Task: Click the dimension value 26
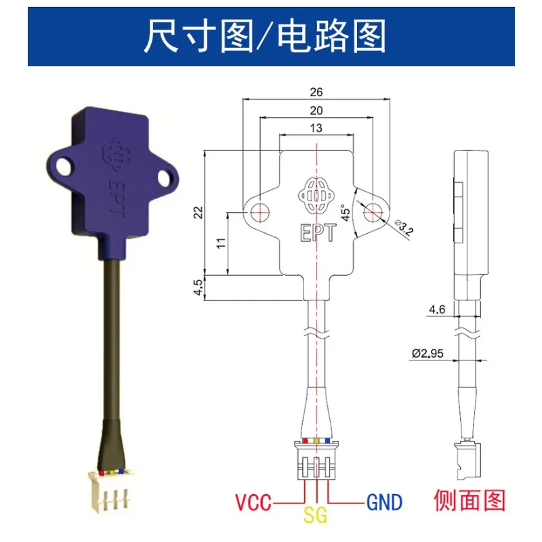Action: click(316, 92)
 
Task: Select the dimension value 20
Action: click(316, 110)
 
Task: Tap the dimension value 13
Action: click(316, 128)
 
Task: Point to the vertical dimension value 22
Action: click(199, 212)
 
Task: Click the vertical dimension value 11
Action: click(222, 243)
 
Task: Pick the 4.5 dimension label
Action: click(198, 287)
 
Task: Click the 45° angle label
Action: click(346, 213)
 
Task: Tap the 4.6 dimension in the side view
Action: click(437, 309)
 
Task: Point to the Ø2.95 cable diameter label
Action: click(428, 353)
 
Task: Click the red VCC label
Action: click(253, 502)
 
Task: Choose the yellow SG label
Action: click(315, 516)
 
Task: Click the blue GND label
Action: click(384, 502)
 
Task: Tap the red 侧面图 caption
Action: click(470, 500)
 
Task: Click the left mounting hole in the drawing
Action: click(260, 211)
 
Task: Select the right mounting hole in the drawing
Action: click(373, 211)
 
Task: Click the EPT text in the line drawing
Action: click(318, 232)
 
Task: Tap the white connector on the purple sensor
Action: click(110, 491)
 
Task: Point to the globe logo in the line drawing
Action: click(316, 195)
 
